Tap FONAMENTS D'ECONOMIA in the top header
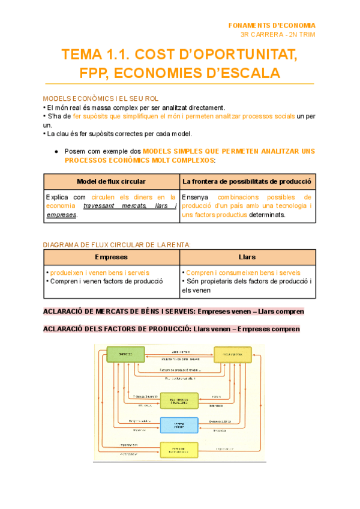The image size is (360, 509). [x=272, y=25]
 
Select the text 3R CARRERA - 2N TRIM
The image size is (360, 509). [x=277, y=34]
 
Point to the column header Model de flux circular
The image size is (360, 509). [x=112, y=181]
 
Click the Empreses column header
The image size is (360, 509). [x=112, y=257]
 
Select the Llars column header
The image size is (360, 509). [x=247, y=257]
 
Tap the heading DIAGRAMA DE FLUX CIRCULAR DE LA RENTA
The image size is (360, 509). [x=117, y=244]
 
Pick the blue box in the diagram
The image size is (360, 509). [x=179, y=425]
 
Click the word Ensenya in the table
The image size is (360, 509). [x=194, y=197]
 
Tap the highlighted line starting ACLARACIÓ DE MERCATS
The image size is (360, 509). [x=173, y=311]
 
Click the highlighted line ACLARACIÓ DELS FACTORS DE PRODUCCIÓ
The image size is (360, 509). [x=172, y=329]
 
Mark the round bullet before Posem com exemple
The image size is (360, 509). [x=56, y=152]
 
